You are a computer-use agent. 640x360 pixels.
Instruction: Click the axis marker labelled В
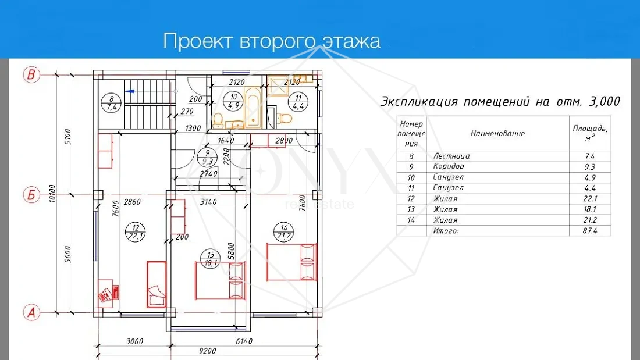(32, 75)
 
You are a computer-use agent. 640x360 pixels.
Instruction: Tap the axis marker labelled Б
(32, 195)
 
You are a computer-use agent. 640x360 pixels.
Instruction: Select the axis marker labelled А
(32, 312)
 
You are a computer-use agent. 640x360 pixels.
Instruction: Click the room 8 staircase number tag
(111, 104)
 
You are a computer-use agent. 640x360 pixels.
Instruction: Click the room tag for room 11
(298, 102)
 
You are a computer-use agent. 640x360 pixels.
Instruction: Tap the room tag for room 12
(136, 233)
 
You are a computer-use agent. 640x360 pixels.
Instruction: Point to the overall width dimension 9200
(206, 351)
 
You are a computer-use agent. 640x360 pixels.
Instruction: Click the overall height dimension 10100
(52, 193)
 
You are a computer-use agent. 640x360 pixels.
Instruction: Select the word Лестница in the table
(451, 156)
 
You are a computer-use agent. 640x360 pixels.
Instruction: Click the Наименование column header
(497, 134)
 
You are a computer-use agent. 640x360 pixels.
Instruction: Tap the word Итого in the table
(446, 231)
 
